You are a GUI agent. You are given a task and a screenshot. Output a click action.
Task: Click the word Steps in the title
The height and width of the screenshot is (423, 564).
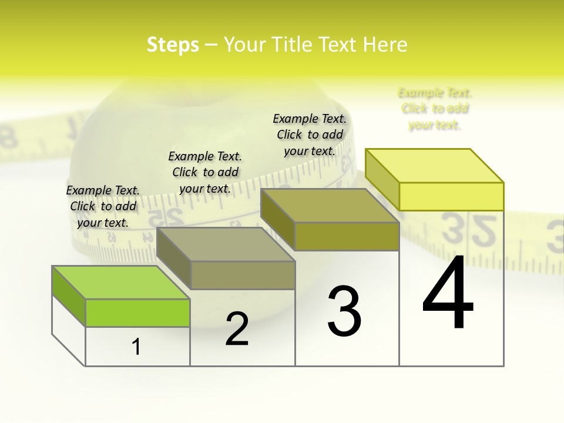173,45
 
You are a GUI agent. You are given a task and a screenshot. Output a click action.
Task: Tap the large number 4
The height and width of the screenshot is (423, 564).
448,293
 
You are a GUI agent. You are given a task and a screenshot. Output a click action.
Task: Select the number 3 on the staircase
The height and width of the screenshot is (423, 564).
344,311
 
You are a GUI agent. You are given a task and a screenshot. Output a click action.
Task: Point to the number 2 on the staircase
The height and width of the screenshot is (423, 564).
237,329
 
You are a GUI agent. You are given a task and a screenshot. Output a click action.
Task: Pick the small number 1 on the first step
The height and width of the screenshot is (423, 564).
136,347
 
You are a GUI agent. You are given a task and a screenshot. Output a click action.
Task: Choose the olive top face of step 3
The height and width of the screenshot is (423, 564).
330,206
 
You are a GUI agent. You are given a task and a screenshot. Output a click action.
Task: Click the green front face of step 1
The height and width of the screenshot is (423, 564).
137,313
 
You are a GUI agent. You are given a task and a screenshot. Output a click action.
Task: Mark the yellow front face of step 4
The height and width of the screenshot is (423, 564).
451,196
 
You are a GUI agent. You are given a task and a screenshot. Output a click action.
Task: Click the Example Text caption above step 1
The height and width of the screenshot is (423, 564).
103,206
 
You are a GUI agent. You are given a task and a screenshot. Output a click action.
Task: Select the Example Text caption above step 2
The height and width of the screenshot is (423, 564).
205,172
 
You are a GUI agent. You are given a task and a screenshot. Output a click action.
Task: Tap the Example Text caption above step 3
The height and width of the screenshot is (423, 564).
310,135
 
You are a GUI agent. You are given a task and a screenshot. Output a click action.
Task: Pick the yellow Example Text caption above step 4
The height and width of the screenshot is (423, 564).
435,109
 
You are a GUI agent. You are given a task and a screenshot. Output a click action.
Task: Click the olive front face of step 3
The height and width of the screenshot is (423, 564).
347,236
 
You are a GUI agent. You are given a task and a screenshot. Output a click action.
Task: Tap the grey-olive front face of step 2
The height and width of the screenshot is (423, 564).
243,275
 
